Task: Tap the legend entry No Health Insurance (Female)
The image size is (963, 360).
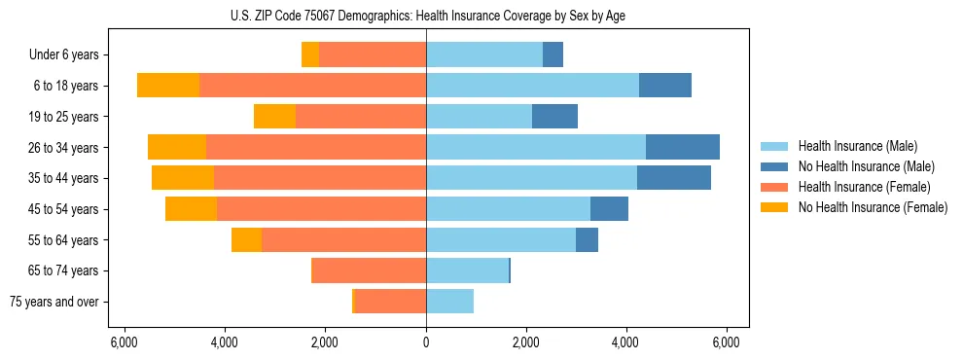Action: [873, 207]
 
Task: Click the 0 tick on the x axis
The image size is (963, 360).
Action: [426, 342]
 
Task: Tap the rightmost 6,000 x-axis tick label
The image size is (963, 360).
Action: [726, 342]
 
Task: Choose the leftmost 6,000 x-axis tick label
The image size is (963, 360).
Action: [125, 342]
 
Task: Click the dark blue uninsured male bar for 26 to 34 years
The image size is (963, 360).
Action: [682, 147]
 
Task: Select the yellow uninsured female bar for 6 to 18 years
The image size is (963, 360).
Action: [168, 86]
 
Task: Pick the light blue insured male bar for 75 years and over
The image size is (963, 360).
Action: [449, 302]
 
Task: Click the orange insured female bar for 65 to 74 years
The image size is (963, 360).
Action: [370, 270]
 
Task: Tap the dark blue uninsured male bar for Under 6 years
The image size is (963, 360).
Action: [553, 55]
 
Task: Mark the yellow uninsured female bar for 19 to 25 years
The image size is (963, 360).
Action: [274, 117]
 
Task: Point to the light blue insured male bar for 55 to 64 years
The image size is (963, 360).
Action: [501, 239]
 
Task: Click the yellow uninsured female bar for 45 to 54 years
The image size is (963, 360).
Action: [191, 209]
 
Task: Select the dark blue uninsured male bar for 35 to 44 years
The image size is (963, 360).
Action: [673, 178]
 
